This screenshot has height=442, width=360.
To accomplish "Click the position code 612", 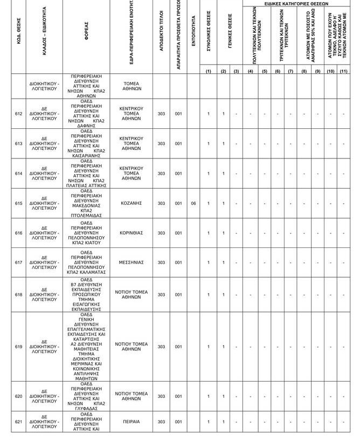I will coord(18,114).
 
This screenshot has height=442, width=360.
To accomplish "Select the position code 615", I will coord(18,203).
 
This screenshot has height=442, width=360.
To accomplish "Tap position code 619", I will coord(18,347).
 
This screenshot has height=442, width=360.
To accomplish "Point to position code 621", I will coord(18,422).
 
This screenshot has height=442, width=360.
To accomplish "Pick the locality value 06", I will coord(193,203).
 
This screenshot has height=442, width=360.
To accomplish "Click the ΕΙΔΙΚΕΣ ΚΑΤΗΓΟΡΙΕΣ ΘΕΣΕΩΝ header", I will coord(296,3).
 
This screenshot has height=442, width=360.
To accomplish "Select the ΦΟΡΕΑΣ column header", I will coord(86,36).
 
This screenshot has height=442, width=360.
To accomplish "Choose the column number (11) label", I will coord(343,71).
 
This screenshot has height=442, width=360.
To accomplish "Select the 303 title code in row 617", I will coord(162,263).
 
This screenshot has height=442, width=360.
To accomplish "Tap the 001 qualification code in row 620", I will coord(178,396).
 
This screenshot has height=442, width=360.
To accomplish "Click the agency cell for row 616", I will coord(86,233).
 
